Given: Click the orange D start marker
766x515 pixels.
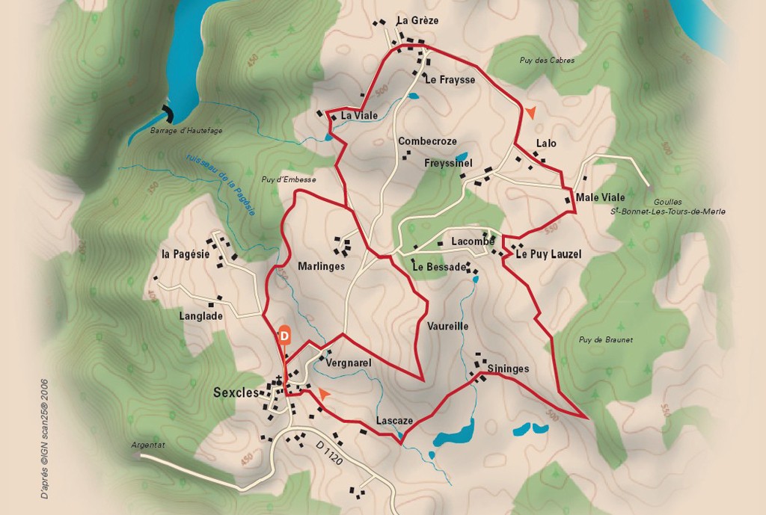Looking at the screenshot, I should tap(284, 336).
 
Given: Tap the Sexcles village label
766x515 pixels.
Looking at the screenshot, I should tap(236, 392).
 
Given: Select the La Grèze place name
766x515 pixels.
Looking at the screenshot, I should tap(418, 20).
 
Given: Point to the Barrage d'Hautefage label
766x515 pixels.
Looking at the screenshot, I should tap(186, 130).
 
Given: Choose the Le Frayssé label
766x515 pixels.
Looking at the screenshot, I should tap(450, 80).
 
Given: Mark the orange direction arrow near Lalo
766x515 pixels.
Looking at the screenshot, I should tap(530, 112).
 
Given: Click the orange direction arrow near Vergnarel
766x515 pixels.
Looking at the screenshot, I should tap(323, 392).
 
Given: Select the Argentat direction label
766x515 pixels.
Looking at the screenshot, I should tap(148, 445).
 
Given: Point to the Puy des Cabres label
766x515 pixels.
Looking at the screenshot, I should tap(547, 60).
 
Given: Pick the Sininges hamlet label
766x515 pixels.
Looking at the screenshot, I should tap(508, 368).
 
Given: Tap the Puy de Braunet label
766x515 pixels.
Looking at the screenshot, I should tap(605, 340).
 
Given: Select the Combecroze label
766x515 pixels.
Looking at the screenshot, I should tap(427, 141).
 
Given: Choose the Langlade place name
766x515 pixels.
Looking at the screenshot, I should tap(201, 316).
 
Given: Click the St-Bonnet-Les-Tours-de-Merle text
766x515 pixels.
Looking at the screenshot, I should tap(668, 212).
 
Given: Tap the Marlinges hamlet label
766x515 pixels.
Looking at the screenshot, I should tap(321, 266).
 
